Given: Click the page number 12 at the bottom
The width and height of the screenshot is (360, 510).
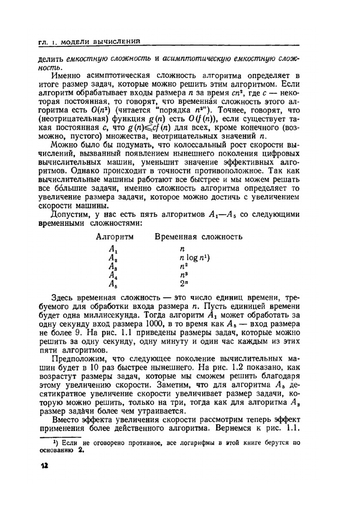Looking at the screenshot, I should tap(44, 465).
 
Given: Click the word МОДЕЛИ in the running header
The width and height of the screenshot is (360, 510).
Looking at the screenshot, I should tap(76, 42).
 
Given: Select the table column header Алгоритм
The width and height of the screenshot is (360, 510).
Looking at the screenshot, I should tap(114, 237).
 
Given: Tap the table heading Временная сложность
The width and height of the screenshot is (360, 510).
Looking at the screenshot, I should tap(198, 237).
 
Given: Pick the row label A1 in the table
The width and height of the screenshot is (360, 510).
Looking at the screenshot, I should tap(113, 249).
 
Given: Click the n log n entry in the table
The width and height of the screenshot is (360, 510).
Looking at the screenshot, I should tap(192, 258).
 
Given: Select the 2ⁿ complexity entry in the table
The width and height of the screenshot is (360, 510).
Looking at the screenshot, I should tap(184, 283).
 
